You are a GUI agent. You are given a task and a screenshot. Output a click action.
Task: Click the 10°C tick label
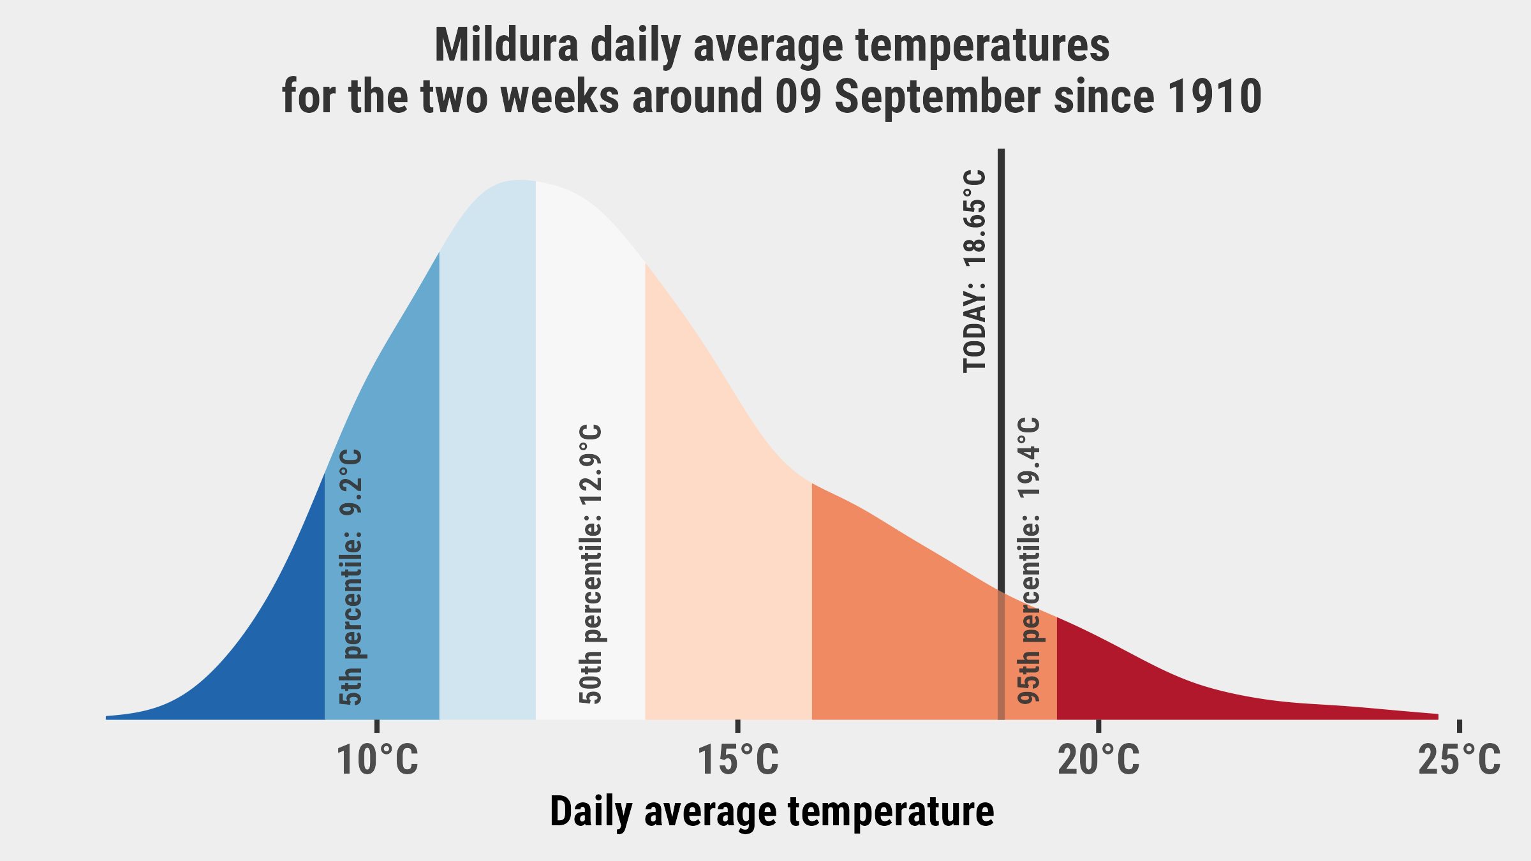tap(378, 760)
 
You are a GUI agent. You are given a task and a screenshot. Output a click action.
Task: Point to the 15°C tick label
tap(738, 760)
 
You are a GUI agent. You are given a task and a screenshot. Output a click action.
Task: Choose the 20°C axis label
tap(1098, 760)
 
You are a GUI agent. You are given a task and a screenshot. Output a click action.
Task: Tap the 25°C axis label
tap(1460, 760)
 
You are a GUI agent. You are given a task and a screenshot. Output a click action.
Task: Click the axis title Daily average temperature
tap(772, 812)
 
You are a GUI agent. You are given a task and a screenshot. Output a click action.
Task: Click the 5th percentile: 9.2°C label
tap(351, 577)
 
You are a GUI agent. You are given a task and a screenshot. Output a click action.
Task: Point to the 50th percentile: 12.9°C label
tap(590, 564)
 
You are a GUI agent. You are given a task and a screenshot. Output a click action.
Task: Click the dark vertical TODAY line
tap(1002, 434)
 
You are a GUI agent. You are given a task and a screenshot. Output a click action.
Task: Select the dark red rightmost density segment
tap(1180, 689)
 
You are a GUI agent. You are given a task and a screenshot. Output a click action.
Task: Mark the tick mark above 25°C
tap(1460, 726)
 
